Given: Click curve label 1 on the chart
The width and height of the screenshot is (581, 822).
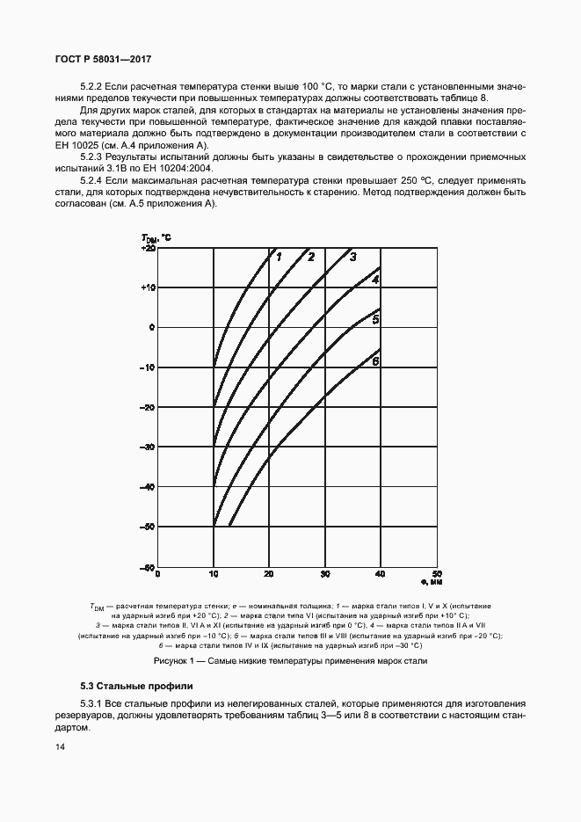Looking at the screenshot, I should pyautogui.click(x=278, y=257).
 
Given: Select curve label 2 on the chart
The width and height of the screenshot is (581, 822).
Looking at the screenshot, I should pyautogui.click(x=311, y=257).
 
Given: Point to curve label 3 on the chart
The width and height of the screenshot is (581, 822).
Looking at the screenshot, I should pyautogui.click(x=352, y=257).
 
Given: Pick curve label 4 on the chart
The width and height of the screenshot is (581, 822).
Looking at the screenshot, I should pyautogui.click(x=375, y=280).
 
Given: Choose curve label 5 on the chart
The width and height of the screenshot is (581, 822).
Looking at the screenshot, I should pyautogui.click(x=375, y=320).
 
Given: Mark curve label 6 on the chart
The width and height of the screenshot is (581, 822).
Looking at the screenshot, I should pyautogui.click(x=375, y=361).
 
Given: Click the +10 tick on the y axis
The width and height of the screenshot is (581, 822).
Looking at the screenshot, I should pyautogui.click(x=148, y=287).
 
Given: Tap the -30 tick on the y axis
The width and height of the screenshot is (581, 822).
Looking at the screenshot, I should pyautogui.click(x=148, y=447).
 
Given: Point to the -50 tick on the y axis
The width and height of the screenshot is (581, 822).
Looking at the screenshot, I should pyautogui.click(x=148, y=527).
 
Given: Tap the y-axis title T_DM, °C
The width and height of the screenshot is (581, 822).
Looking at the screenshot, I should pyautogui.click(x=156, y=238).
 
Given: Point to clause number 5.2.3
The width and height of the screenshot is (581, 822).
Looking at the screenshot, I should pyautogui.click(x=93, y=156).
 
